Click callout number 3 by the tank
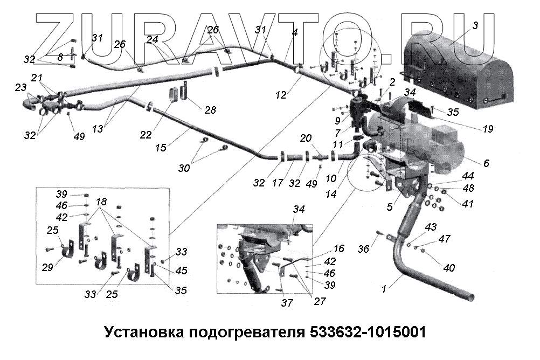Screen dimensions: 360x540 point(475,25)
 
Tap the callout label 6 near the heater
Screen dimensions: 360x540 point(486,162)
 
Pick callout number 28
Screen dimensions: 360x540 point(209,110)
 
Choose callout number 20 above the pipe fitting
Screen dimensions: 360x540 point(306,139)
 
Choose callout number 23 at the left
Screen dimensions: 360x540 point(20,87)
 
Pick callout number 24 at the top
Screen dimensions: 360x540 point(152,39)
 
